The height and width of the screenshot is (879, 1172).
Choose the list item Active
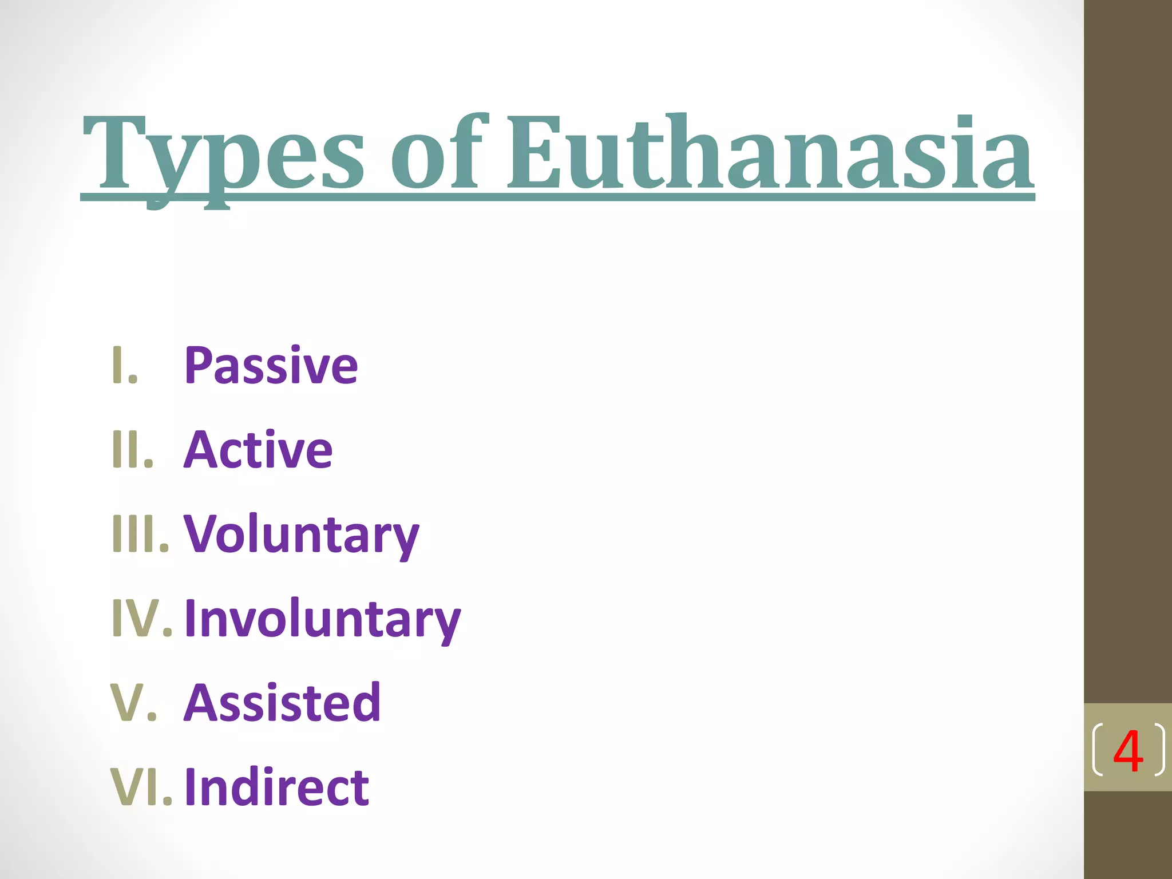(x=258, y=450)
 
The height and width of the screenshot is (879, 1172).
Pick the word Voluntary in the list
(x=302, y=534)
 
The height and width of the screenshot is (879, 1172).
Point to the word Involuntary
(x=322, y=619)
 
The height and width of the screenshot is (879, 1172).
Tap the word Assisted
(x=282, y=703)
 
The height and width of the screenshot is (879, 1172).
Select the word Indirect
(x=276, y=787)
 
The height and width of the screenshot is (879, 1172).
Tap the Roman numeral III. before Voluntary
(x=140, y=534)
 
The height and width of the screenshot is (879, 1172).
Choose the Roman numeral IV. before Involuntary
(x=141, y=619)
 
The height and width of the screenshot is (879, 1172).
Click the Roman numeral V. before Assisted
(x=133, y=703)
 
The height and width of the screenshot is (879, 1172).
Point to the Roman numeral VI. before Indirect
(x=141, y=787)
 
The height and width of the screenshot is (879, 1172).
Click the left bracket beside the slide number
(x=1097, y=750)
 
